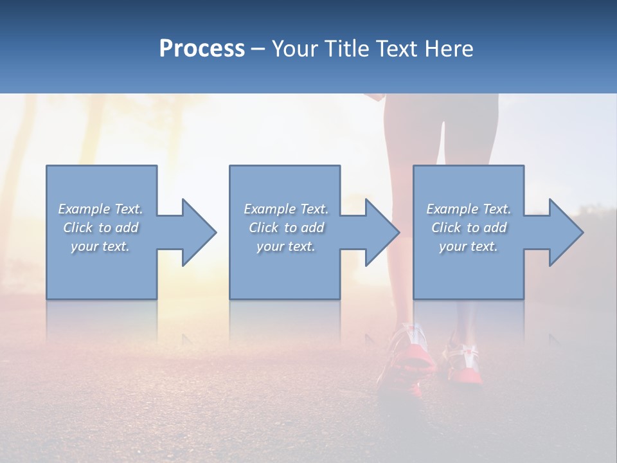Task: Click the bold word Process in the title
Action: point(202,49)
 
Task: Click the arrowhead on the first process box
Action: point(196,232)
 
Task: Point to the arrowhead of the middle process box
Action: point(379,232)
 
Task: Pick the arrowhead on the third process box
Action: point(563,232)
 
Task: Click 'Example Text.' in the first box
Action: point(100,209)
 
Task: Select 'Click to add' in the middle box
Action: point(286,228)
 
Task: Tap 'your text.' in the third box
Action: point(468,246)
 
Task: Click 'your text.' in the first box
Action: point(100,246)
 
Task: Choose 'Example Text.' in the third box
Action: point(468,209)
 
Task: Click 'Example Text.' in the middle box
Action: point(286,209)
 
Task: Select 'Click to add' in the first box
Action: point(100,228)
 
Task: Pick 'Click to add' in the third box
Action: point(468,228)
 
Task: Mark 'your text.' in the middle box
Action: point(286,246)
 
